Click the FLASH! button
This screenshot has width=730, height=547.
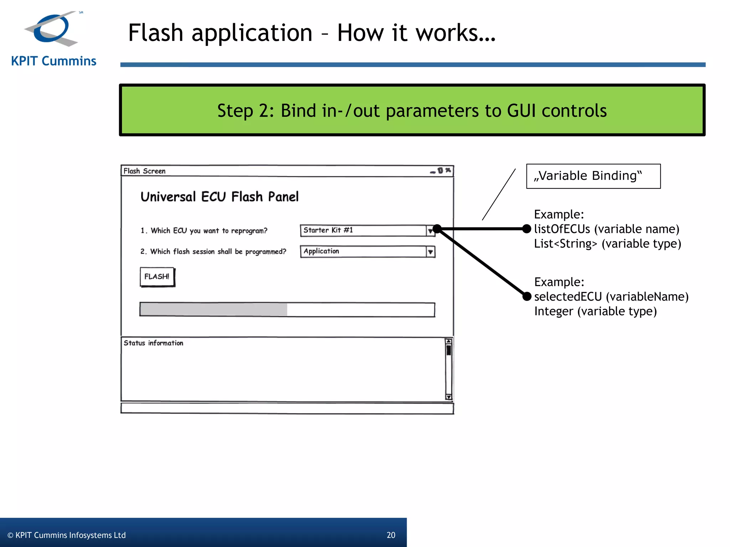(157, 277)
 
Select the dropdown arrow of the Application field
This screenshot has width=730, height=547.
(431, 252)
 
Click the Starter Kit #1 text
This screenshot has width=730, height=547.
(328, 230)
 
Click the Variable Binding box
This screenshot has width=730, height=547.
(593, 176)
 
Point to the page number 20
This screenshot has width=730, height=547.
(391, 535)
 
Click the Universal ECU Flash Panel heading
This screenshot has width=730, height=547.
(220, 197)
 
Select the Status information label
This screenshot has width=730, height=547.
(153, 343)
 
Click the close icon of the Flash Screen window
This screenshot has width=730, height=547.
(448, 170)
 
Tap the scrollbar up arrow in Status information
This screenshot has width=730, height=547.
(449, 342)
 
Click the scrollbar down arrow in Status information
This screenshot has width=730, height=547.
(449, 397)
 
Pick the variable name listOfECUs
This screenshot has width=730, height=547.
(562, 229)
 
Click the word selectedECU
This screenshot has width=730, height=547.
(568, 296)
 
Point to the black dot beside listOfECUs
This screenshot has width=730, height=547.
(526, 229)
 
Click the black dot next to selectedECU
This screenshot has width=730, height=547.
(527, 296)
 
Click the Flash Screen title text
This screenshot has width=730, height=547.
(144, 171)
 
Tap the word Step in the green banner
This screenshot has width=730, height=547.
(236, 110)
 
